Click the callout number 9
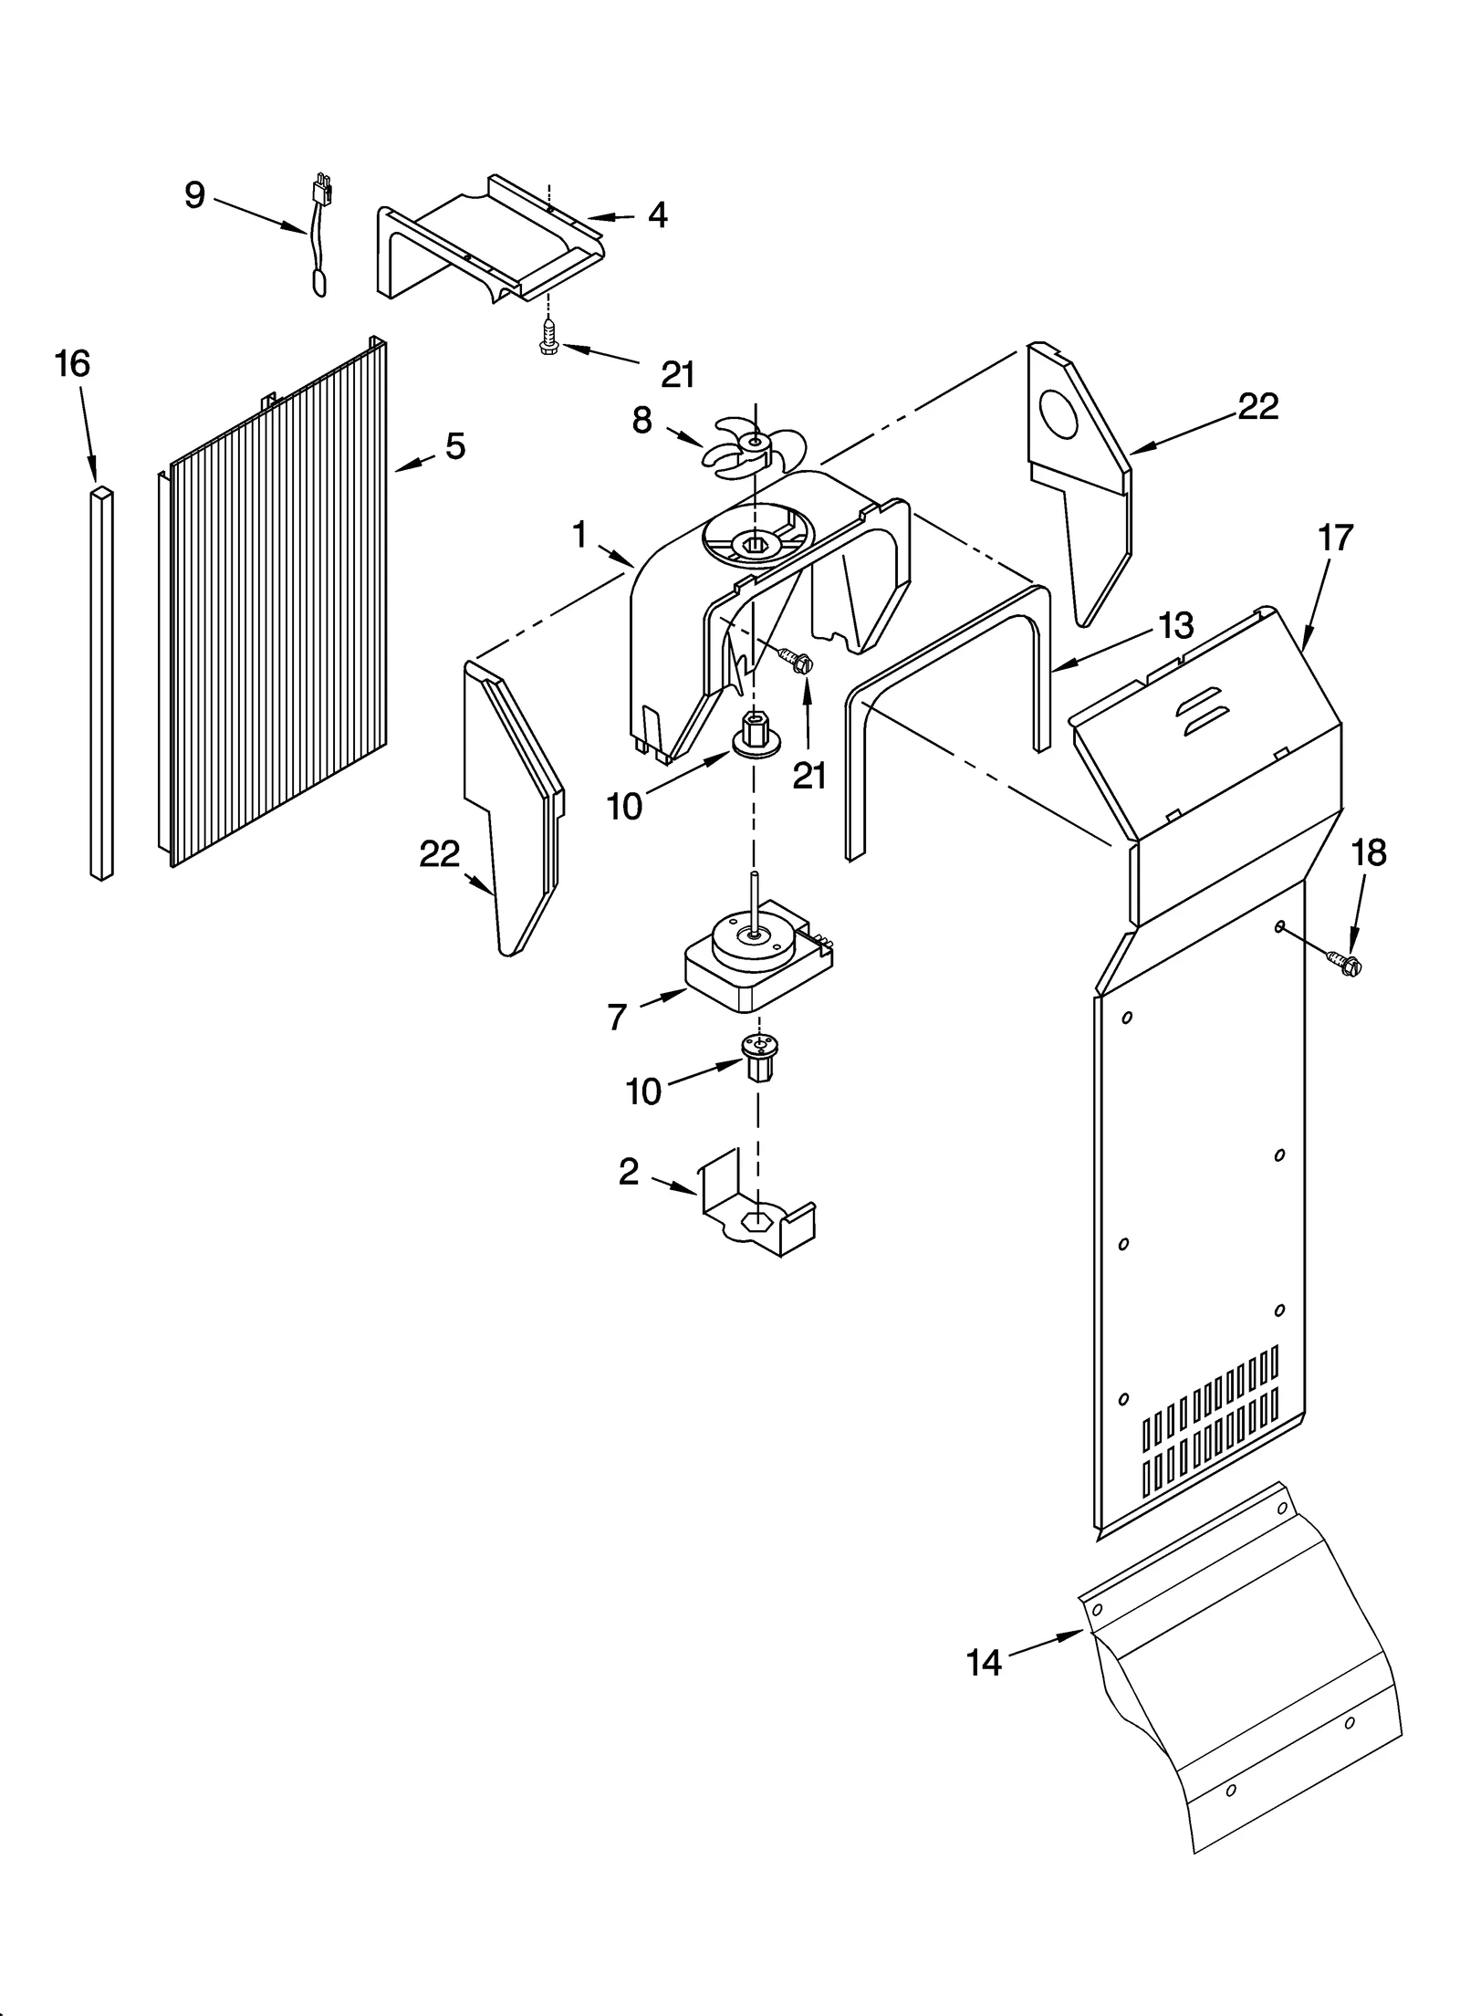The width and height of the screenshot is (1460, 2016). point(194,194)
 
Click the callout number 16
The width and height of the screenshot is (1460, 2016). point(72,364)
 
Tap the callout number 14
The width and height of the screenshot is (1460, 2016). point(984,1663)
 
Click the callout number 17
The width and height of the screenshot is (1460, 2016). point(1335,538)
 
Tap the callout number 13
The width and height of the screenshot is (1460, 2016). point(1175,626)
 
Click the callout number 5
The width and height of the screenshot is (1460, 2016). point(454,446)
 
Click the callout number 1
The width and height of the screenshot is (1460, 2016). point(579,535)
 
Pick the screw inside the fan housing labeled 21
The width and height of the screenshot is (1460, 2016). point(792,660)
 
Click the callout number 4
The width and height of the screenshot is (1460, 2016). point(657,215)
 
